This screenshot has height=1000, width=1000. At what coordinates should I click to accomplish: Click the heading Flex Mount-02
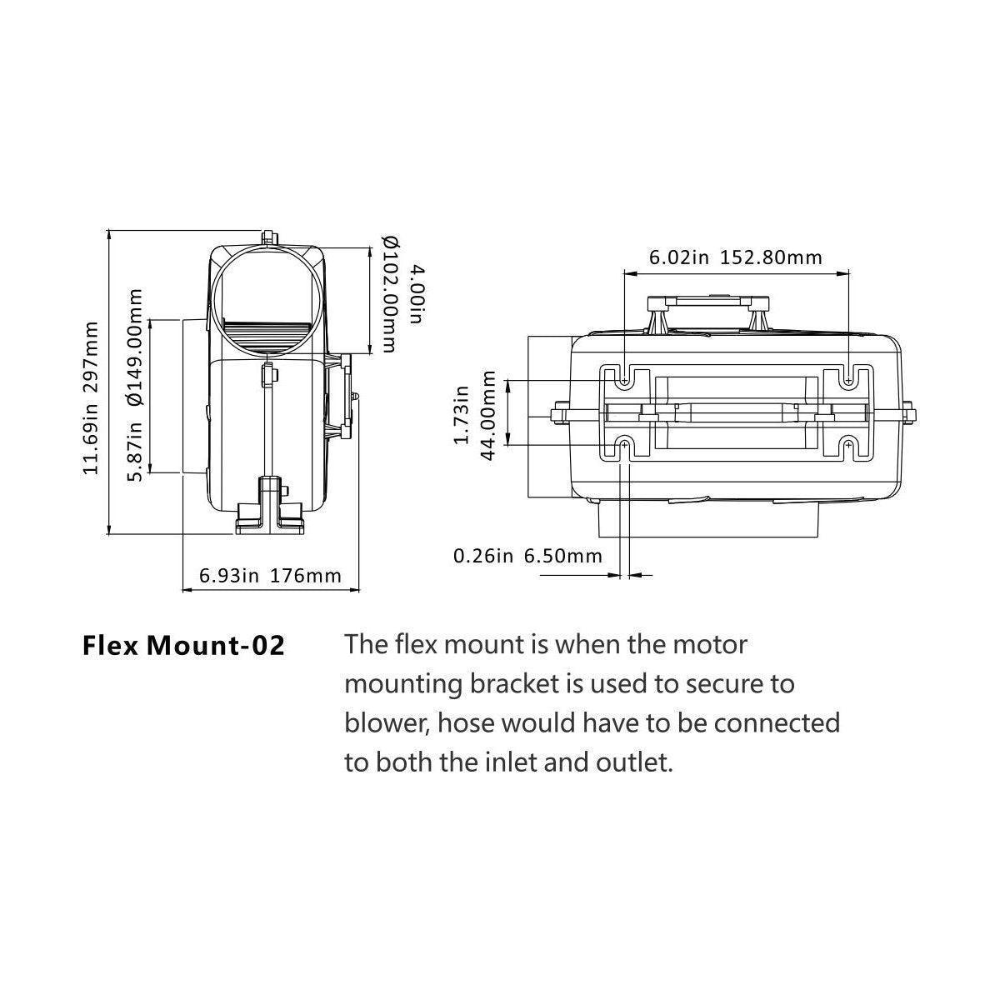point(183,646)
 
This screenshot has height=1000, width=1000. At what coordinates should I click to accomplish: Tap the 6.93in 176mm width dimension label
point(270,575)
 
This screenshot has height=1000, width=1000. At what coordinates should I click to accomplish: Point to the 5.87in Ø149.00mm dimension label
point(137,384)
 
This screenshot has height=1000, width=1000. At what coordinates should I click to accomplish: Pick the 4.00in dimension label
point(417,295)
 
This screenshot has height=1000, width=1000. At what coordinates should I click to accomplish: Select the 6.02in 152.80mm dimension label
point(735,257)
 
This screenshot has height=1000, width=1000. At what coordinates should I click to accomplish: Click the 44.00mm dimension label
point(489,415)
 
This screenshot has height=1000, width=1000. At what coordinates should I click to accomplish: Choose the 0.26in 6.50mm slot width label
point(527,556)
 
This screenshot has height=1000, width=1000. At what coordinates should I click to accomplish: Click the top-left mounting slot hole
point(624,381)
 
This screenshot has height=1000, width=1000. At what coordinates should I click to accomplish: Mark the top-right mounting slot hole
point(847,381)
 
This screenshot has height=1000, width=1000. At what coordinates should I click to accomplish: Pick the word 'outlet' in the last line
point(627,762)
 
